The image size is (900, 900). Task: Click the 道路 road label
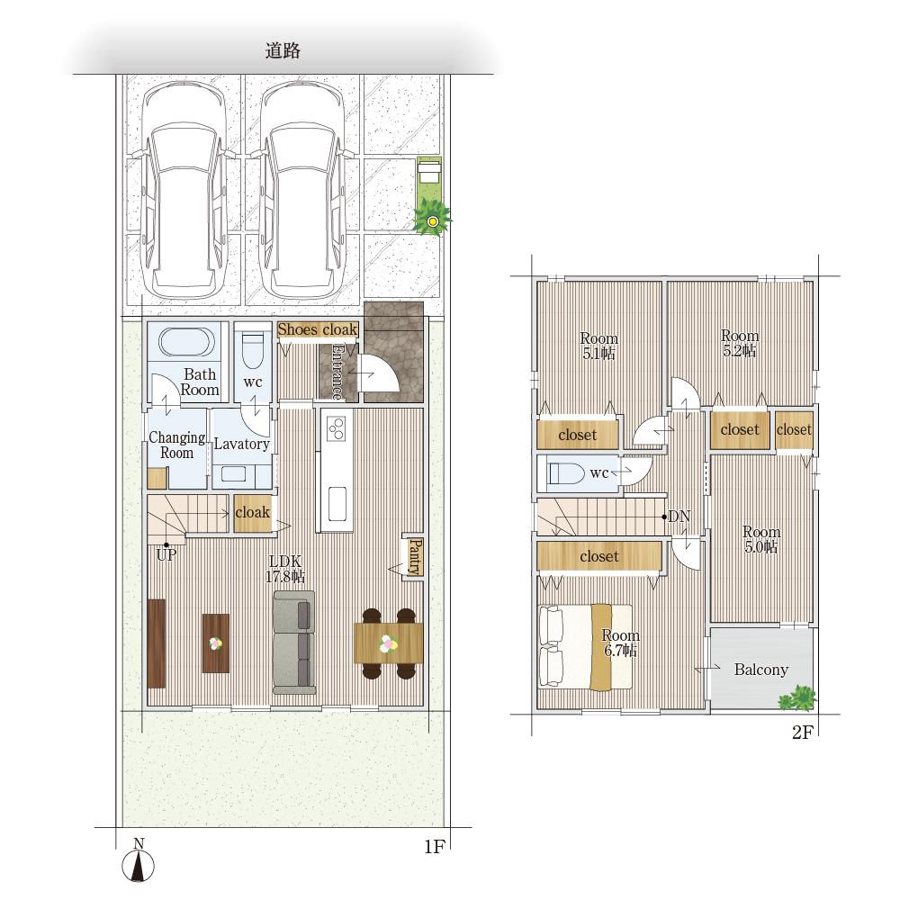283,50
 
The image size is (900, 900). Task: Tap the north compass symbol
139,861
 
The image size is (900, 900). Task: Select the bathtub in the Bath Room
186,343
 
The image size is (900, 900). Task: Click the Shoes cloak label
318,329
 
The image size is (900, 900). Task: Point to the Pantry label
415,557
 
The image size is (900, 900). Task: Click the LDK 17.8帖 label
285,569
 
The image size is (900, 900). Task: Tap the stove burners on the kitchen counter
337,427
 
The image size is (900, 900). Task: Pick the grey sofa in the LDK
294,643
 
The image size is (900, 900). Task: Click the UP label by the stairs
166,555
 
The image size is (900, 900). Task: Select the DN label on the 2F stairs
679,517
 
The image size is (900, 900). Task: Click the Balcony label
761,670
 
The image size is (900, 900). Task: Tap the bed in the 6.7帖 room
585,646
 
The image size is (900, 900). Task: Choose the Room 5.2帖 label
740,343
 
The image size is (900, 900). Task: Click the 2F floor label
803,733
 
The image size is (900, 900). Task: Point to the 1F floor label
435,847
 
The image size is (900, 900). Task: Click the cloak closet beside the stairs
253,513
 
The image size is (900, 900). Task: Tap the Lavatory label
241,444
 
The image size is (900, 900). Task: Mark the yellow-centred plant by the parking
432,218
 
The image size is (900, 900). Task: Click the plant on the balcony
797,698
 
